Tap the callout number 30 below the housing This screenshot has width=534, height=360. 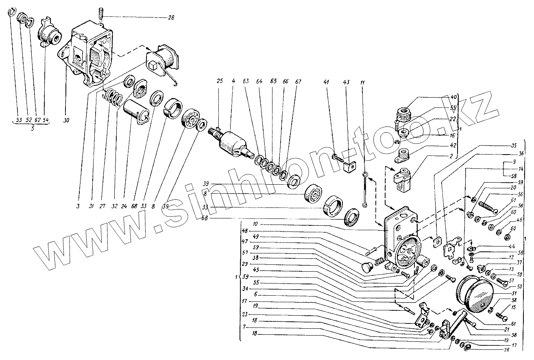coord(66,120)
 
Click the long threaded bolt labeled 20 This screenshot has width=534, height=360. coord(488,204)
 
